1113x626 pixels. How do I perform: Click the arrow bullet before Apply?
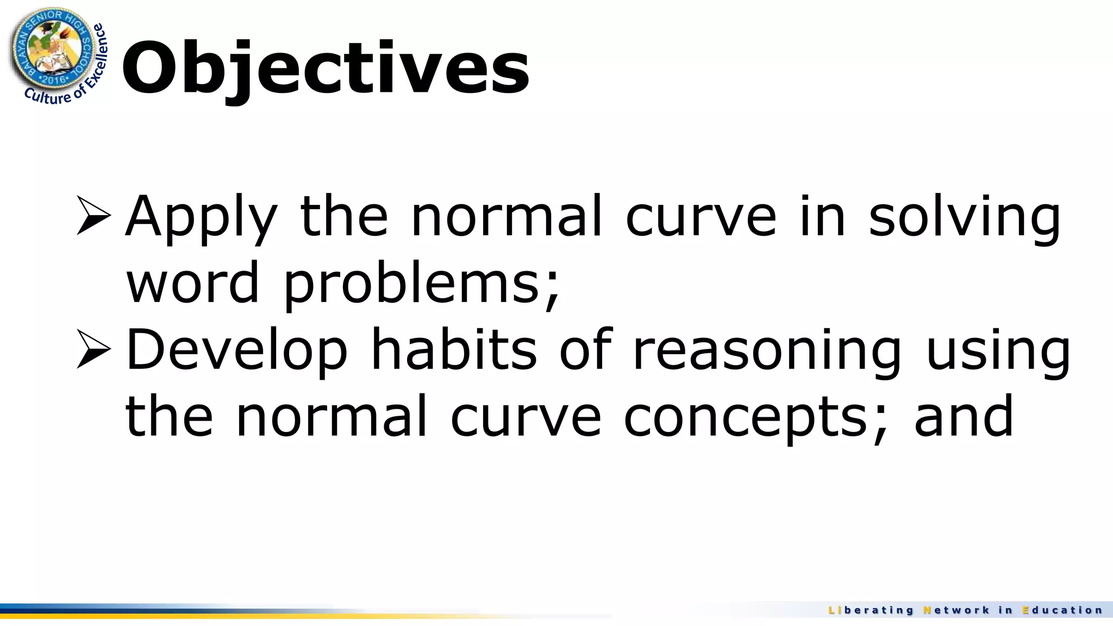coord(93,215)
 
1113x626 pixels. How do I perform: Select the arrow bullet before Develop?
coord(93,349)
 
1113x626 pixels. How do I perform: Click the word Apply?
coord(202,217)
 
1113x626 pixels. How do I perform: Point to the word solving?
coord(965,217)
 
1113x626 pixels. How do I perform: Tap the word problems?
coord(422,284)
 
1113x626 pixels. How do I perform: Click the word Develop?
coord(237,351)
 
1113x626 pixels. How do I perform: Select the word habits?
coord(454,350)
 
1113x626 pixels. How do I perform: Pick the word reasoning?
coord(767,351)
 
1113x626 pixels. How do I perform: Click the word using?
coord(998,351)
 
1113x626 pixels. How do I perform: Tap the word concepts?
coord(756,417)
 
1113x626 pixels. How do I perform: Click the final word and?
coord(964,416)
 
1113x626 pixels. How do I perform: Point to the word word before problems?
coord(193,284)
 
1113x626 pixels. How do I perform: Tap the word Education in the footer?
coord(1062,610)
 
